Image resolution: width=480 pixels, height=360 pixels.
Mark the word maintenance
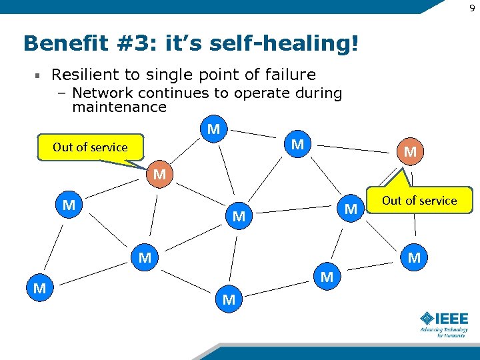(119, 107)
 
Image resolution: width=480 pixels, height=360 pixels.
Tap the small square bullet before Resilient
(39, 75)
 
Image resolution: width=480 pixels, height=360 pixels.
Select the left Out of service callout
(90, 147)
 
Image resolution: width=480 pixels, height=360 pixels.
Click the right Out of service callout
(419, 201)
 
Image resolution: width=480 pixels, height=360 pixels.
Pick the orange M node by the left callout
(159, 175)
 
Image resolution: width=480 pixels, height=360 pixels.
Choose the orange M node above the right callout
(410, 152)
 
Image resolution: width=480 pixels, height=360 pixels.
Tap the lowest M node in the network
(229, 300)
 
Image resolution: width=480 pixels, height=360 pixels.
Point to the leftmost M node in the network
(39, 289)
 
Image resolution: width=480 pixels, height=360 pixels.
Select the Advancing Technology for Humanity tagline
(443, 332)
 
